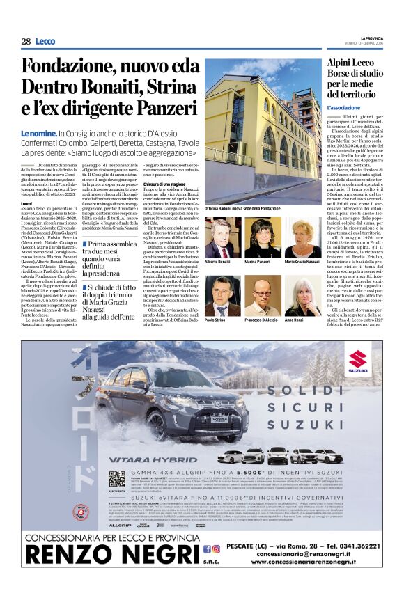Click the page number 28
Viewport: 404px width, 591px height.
pos(26,42)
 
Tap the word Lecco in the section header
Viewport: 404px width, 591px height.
pos(45,42)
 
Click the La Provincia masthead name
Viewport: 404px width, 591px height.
pos(366,38)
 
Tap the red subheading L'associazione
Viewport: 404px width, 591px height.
pos(343,109)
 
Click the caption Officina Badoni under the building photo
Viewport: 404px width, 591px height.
pos(242,209)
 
